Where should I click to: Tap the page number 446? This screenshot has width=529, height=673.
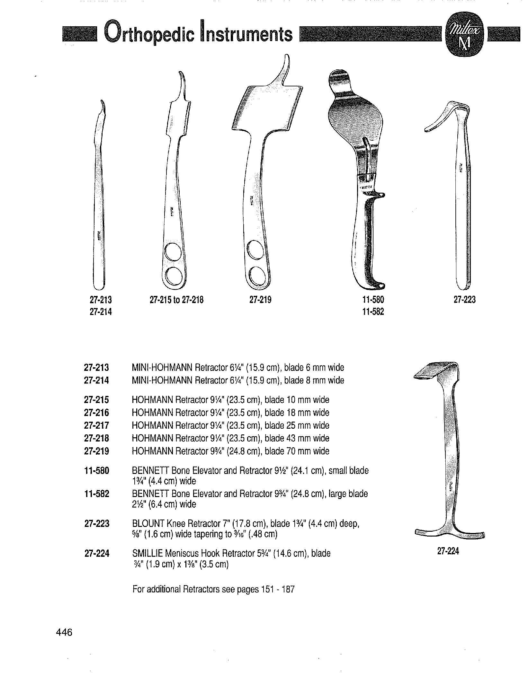point(64,632)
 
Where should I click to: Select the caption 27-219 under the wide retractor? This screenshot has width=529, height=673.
point(260,300)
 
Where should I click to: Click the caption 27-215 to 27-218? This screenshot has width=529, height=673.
point(177,300)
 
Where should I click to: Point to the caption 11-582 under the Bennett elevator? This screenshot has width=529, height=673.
point(373,312)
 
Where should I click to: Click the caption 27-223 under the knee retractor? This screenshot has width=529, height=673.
point(464,300)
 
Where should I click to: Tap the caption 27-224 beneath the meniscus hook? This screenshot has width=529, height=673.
point(448,551)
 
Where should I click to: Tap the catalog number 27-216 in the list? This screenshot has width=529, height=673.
point(96,413)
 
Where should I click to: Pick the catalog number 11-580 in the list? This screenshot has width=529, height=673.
point(96,471)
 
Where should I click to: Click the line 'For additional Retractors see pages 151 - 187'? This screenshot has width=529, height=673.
point(213,590)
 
